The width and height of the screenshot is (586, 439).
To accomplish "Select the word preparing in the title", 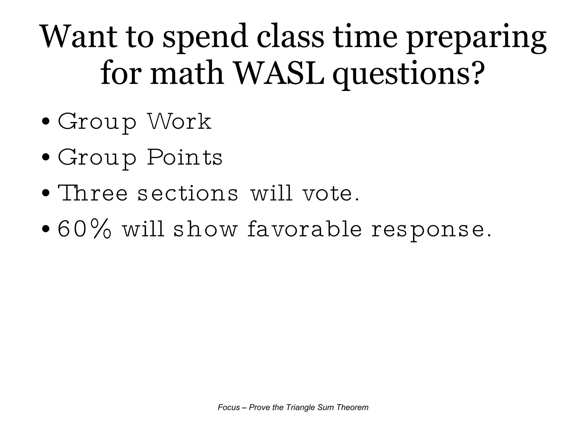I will tap(476, 39).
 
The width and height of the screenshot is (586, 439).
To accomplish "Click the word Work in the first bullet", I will tap(179, 122).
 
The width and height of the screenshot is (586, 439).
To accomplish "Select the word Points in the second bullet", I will tap(185, 157).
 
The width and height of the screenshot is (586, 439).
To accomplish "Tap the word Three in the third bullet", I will tap(93, 193).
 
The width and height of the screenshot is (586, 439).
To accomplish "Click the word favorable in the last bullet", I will tap(305, 229).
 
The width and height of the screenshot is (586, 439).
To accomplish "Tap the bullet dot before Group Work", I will tap(45, 122).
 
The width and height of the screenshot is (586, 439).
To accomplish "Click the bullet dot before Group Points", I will tap(45, 158).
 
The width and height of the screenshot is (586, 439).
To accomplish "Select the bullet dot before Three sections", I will tap(45, 193).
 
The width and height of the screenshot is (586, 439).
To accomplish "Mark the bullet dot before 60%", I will tap(45, 229).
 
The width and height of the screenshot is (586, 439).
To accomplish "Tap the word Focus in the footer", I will tap(229, 408).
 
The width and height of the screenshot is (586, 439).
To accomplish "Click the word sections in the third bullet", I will tap(188, 193).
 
